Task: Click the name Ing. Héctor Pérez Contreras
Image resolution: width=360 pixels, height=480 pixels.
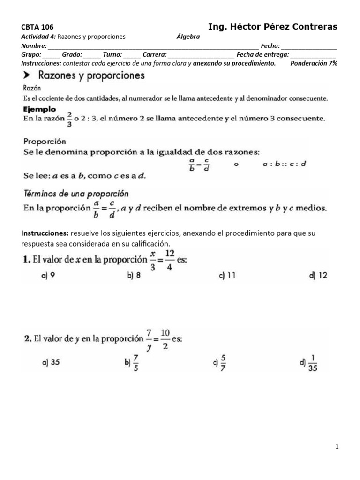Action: coord(272,26)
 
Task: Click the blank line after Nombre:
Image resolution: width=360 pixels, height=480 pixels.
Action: coord(152,46)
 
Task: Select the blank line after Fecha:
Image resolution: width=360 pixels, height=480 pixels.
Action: coord(309,46)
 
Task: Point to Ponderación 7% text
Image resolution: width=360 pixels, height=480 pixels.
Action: coord(314,63)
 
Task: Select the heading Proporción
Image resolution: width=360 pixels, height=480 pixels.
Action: coord(45,141)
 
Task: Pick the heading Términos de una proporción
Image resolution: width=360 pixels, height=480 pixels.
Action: coord(76,193)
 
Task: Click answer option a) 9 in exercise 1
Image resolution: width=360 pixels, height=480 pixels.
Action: coord(48,276)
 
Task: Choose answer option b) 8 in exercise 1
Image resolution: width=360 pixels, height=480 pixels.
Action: coord(134,276)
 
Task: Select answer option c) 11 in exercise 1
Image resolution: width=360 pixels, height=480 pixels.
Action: coord(227,276)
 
